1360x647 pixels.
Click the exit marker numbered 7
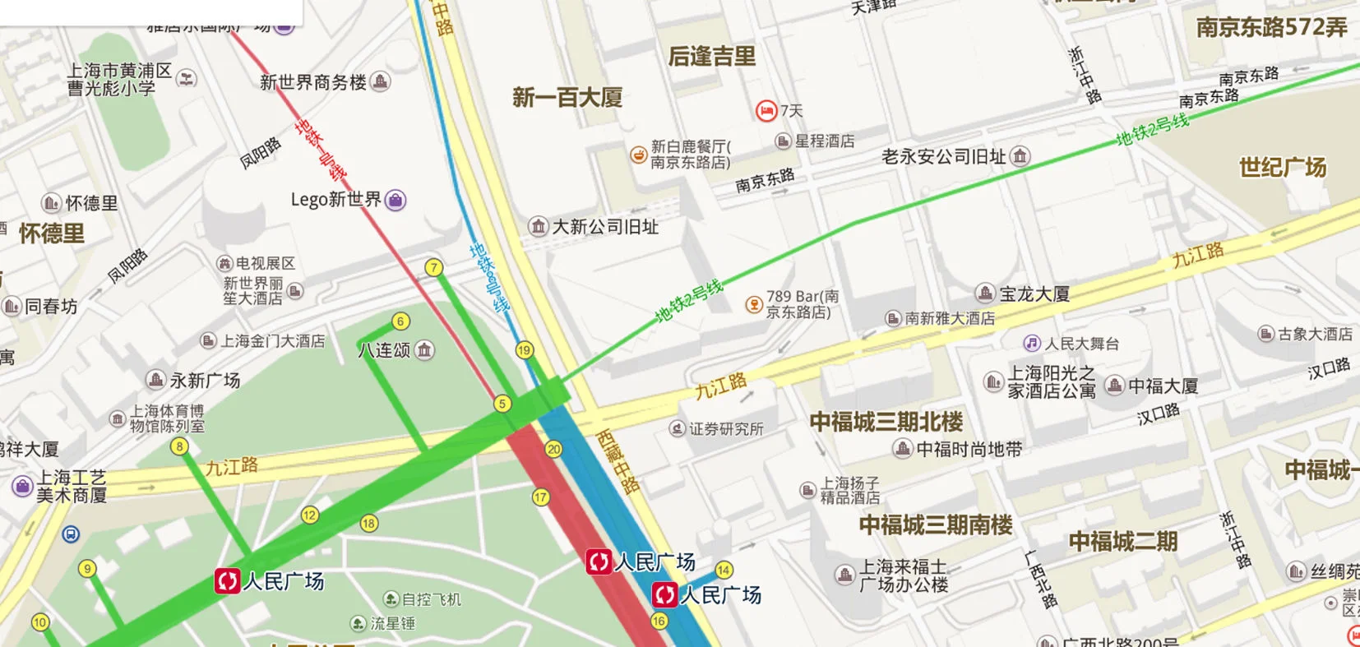(x=433, y=267)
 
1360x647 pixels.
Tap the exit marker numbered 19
(x=525, y=350)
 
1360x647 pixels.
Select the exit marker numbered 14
(x=724, y=570)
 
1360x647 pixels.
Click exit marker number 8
(x=179, y=446)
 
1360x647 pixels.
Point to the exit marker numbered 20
(x=553, y=449)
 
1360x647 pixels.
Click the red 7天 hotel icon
(x=766, y=110)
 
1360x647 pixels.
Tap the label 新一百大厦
(x=567, y=98)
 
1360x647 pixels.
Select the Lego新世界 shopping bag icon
(x=396, y=200)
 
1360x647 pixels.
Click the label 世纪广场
(x=1283, y=168)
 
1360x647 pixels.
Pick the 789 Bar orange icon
(x=753, y=304)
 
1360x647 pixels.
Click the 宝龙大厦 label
(x=1034, y=293)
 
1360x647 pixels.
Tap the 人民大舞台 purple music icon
(x=1032, y=343)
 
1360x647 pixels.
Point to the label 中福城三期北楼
(x=886, y=422)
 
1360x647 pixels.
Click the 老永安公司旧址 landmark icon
(x=1020, y=156)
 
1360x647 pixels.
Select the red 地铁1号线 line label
(x=321, y=150)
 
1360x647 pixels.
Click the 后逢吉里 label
(x=711, y=56)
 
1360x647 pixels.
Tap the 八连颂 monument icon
(x=424, y=350)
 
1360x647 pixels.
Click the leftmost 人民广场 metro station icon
(x=227, y=580)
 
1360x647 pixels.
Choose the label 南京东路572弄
(x=1271, y=27)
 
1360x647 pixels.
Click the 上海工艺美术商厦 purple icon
(x=22, y=486)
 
